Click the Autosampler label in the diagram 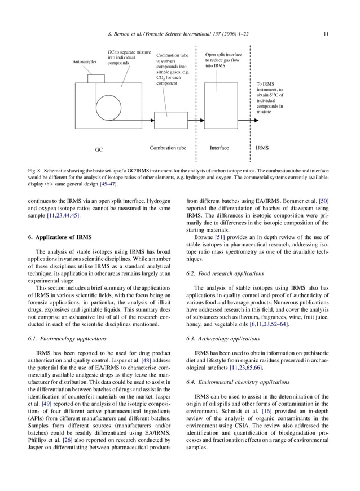click(x=85, y=62)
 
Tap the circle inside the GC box click(x=112, y=105)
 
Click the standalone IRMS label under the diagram click(x=262, y=148)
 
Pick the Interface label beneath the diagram click(x=219, y=148)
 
